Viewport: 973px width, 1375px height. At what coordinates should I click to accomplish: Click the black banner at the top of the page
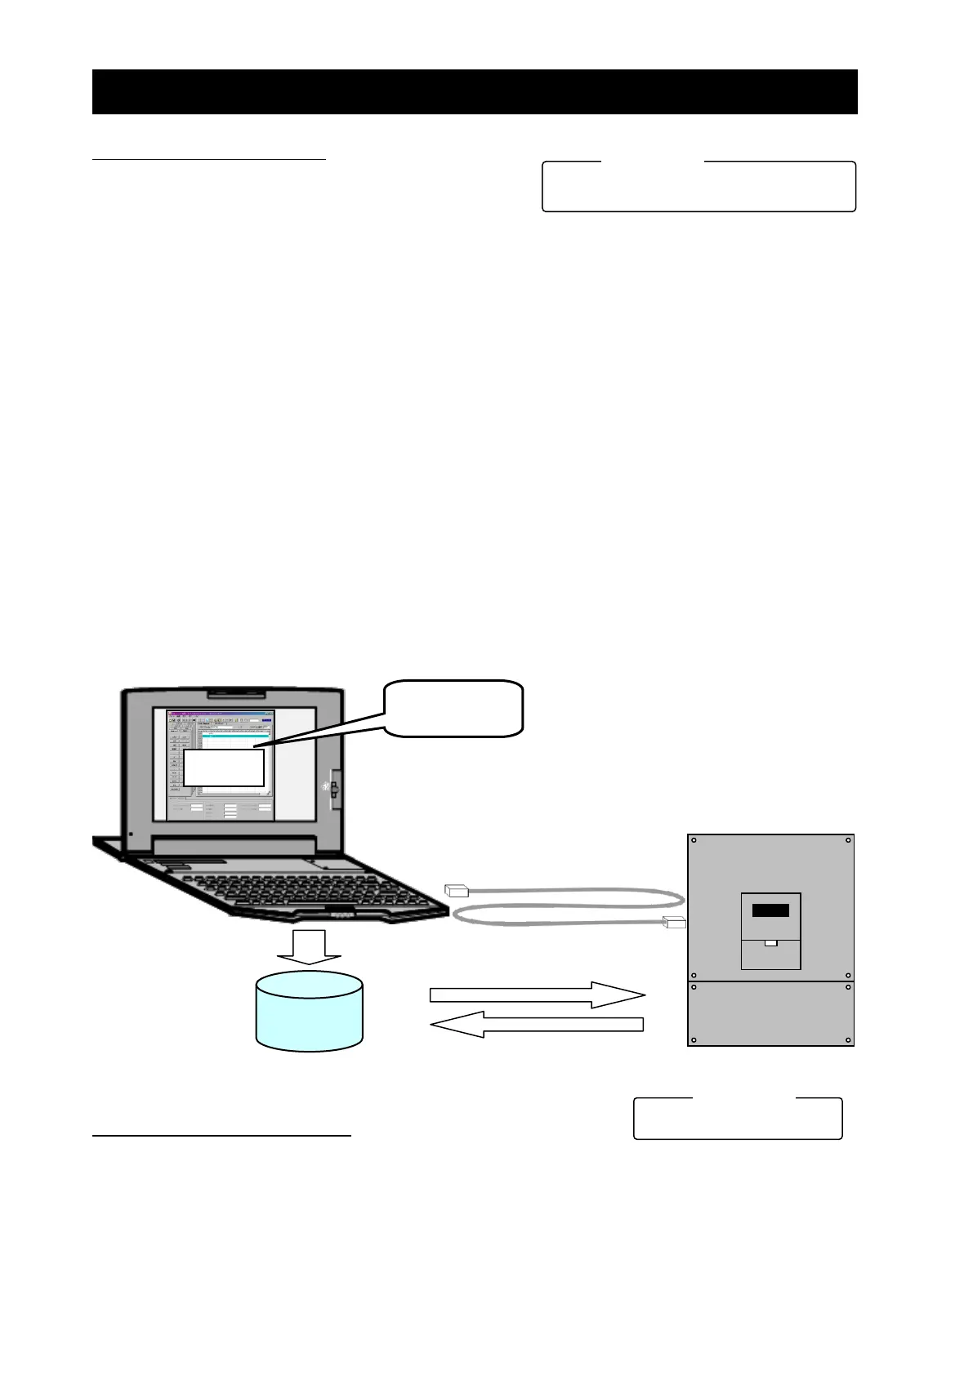point(474,91)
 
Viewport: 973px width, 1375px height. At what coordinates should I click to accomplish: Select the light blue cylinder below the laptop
point(309,1011)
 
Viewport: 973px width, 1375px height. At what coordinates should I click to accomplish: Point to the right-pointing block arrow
point(537,995)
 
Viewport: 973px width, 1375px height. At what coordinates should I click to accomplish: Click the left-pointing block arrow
point(537,1024)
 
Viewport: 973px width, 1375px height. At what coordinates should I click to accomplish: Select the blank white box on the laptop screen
point(223,768)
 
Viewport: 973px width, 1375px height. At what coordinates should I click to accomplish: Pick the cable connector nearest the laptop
point(456,891)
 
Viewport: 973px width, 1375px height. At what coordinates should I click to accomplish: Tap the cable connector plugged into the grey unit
point(675,923)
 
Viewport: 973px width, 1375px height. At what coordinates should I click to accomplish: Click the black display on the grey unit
point(770,910)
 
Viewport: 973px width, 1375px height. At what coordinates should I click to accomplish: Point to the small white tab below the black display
point(770,943)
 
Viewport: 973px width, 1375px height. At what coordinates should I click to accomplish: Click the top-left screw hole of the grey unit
point(694,840)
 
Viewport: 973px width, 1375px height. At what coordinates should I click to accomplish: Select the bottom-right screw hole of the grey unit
point(848,1040)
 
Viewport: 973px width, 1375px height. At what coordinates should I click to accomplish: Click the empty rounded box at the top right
point(699,187)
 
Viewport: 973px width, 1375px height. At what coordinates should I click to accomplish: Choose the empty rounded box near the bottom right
point(738,1119)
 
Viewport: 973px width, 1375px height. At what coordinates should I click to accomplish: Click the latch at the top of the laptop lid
point(235,695)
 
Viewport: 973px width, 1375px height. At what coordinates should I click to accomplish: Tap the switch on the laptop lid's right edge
point(333,789)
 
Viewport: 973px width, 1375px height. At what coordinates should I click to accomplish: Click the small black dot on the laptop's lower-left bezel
point(131,834)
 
